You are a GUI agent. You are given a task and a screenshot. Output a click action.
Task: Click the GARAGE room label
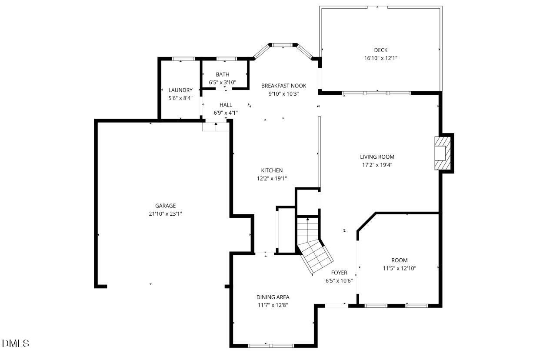[166, 206]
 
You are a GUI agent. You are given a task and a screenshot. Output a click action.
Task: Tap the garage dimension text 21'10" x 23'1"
[166, 213]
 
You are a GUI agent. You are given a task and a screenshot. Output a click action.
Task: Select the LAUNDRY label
[180, 90]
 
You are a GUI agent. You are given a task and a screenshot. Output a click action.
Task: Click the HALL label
[226, 105]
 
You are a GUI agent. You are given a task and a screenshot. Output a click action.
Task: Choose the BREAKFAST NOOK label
[283, 86]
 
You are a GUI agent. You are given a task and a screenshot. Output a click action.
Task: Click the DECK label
[380, 50]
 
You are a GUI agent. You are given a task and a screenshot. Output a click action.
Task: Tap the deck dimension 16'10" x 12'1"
[380, 58]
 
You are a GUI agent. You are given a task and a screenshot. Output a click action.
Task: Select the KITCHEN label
[272, 170]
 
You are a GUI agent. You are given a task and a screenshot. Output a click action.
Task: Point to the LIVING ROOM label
[377, 157]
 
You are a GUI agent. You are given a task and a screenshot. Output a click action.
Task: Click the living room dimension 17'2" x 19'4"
[377, 165]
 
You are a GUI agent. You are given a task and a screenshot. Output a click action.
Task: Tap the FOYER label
[339, 273]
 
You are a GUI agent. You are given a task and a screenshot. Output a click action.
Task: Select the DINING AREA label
[273, 297]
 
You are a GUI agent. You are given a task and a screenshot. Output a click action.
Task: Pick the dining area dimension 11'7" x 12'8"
[273, 305]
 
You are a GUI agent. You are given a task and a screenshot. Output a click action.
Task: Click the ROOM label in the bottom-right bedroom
[399, 260]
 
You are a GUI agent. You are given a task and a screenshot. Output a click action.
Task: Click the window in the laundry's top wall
[183, 59]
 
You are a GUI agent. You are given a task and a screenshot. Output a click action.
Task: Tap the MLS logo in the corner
[16, 343]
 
